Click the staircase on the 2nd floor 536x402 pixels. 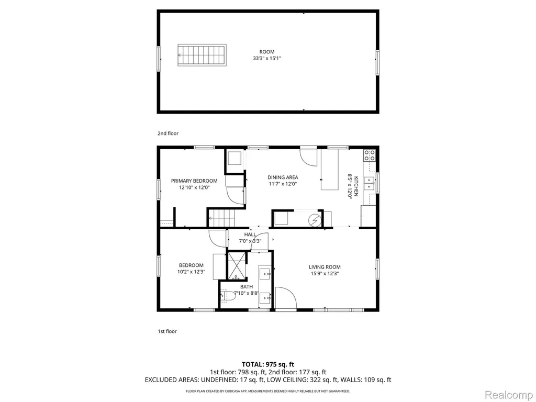tap(202, 54)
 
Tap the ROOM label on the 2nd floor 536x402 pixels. tap(266, 52)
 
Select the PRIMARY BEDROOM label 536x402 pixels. tap(194, 181)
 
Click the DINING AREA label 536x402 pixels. tap(283, 177)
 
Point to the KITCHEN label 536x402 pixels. tap(356, 186)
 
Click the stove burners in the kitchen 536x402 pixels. tap(370, 155)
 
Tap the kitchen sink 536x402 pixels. tap(369, 183)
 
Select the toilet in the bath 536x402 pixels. tap(228, 295)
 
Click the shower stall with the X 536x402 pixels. tap(237, 265)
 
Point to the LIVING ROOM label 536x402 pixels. tap(325, 267)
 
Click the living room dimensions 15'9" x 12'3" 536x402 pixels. tap(325, 273)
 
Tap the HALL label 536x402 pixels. tap(250, 234)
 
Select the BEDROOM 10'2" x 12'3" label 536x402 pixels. tap(191, 269)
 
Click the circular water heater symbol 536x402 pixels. tap(315, 221)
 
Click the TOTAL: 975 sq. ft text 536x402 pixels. tap(268, 364)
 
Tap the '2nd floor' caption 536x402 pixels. tap(168, 133)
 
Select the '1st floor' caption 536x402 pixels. tap(167, 331)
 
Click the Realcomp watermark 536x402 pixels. tap(508, 395)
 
